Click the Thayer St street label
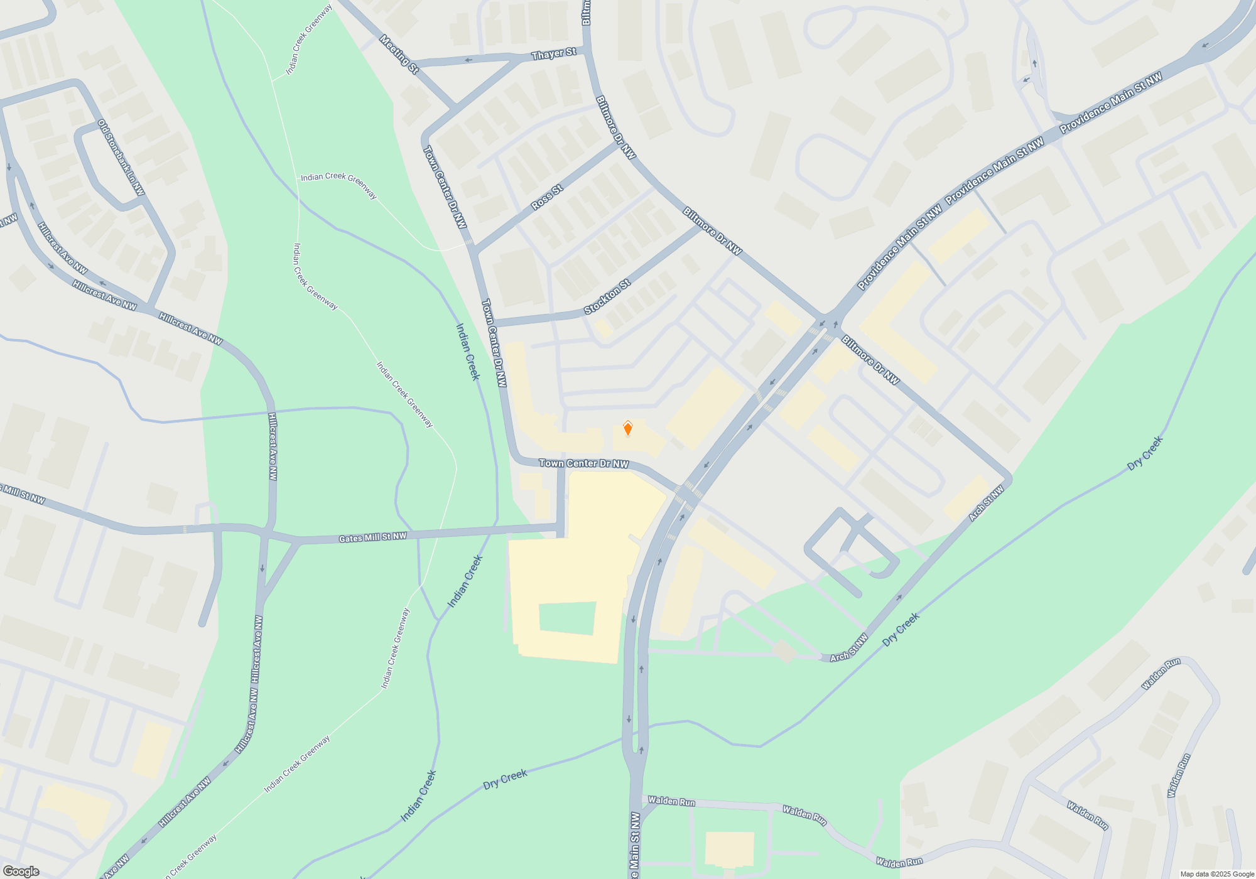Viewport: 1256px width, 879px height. [553, 54]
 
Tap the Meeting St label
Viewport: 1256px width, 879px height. [399, 54]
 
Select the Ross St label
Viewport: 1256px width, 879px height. [546, 198]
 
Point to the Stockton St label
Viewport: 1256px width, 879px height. [607, 297]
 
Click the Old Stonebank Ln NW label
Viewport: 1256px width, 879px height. [121, 158]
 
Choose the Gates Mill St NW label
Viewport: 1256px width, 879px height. [372, 537]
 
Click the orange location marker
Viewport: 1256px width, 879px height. [627, 429]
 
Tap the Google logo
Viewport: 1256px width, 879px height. [21, 871]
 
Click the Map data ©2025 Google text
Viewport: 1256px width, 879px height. [1217, 874]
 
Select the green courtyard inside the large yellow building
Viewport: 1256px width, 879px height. [567, 618]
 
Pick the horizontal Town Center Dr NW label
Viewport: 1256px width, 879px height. [583, 463]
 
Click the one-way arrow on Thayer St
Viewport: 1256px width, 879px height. [468, 60]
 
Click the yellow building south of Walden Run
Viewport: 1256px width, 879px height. [729, 849]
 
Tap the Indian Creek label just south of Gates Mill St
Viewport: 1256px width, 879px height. [465, 581]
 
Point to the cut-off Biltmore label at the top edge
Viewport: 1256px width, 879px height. [586, 13]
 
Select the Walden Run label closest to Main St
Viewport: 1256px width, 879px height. [671, 801]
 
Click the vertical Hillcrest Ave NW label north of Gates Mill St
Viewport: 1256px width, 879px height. [273, 446]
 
